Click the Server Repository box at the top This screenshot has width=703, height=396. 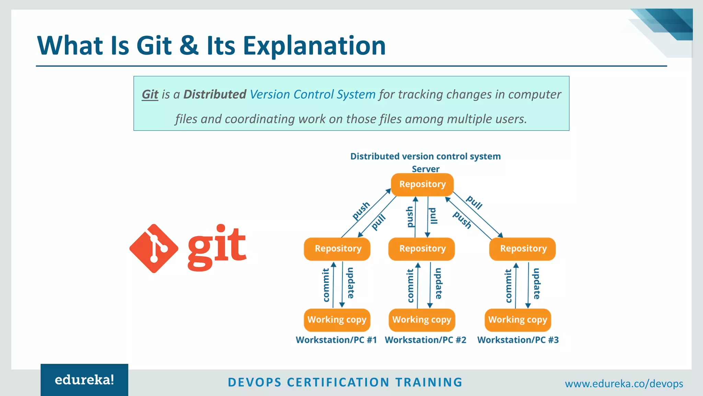point(422,185)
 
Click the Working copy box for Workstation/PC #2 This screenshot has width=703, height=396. point(422,320)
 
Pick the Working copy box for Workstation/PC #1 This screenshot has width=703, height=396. point(337,320)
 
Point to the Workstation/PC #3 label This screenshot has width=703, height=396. point(518,340)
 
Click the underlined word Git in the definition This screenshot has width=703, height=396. point(150,95)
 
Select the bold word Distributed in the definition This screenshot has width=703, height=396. point(215,95)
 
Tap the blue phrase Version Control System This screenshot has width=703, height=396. point(312,95)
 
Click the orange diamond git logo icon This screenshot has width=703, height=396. point(154,249)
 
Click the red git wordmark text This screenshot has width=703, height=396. point(217,247)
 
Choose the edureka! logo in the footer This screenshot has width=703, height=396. point(84,380)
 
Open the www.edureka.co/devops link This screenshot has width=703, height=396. point(624,384)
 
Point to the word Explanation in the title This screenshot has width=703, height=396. point(314,46)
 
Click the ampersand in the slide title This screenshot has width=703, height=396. point(189,46)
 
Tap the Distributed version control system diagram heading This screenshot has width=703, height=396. point(425,156)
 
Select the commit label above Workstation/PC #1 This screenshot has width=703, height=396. point(326,285)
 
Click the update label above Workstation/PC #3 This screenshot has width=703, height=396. point(537,284)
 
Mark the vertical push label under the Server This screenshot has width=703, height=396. point(410,217)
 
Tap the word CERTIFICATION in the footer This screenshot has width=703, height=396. point(338,382)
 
